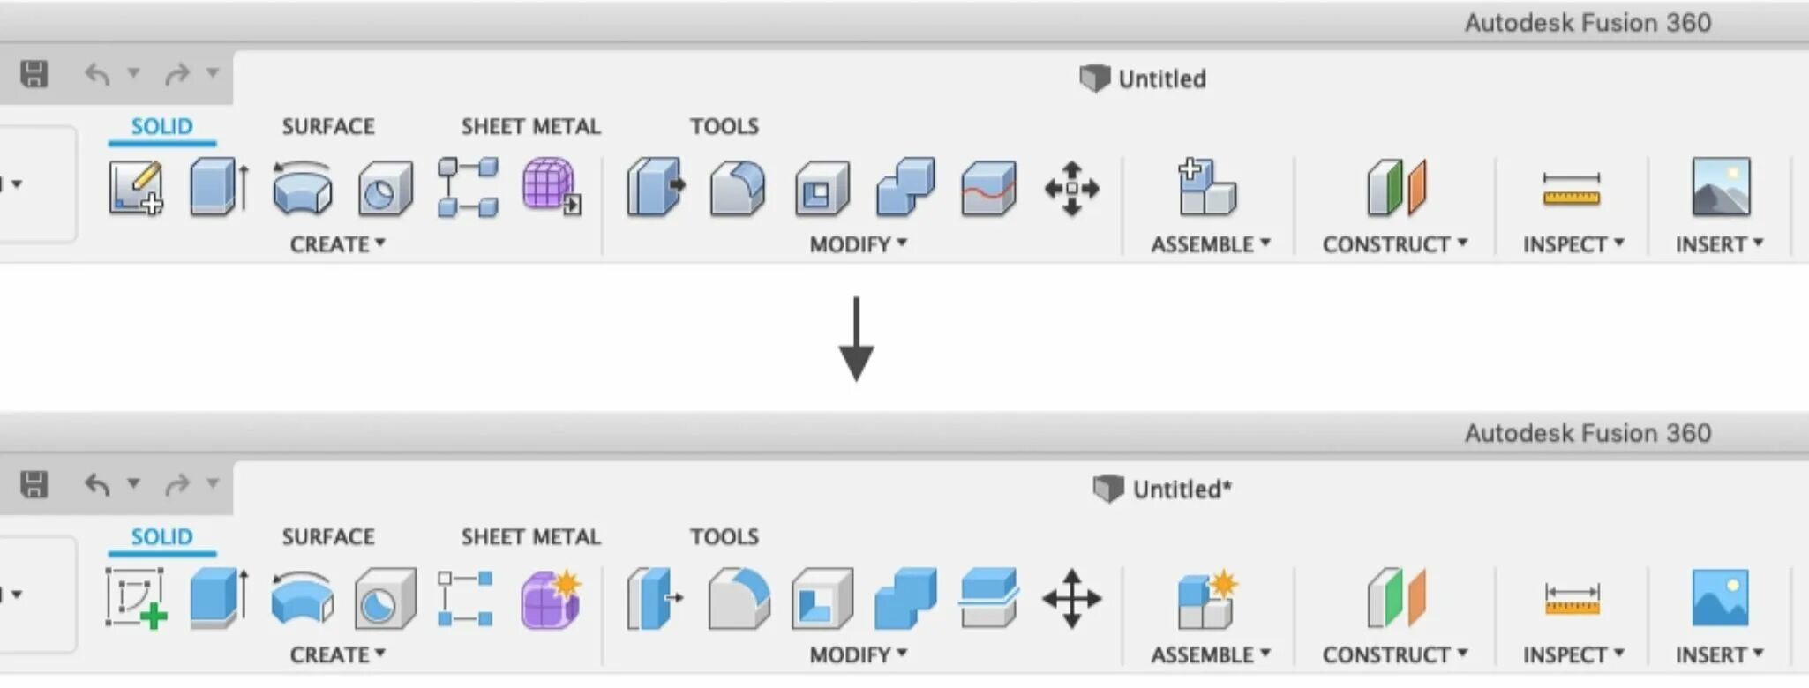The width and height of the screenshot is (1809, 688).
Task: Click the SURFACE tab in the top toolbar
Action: [x=328, y=126]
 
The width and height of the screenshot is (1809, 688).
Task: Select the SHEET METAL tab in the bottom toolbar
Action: [x=530, y=536]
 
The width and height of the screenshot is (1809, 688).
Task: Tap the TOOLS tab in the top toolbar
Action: [x=724, y=126]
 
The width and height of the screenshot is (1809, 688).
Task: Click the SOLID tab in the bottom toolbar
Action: [x=161, y=536]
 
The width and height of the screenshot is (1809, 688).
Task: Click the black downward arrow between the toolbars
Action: [x=856, y=340]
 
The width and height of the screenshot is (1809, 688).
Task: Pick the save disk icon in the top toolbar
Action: [x=34, y=73]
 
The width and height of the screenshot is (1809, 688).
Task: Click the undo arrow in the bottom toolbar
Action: [x=97, y=484]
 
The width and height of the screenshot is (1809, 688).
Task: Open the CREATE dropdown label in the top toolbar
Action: [x=337, y=244]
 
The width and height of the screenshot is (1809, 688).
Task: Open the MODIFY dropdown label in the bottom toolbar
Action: [x=858, y=654]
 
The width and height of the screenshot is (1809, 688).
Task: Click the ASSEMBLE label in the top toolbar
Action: [x=1210, y=244]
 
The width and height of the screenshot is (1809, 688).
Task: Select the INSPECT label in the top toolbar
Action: [x=1573, y=244]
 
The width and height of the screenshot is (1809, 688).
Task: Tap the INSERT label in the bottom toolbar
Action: [x=1719, y=654]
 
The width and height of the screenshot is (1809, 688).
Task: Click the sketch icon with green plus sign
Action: [x=136, y=598]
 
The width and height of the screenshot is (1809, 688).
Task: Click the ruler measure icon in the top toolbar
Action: [x=1571, y=188]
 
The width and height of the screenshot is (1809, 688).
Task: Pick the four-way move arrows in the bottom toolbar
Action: [x=1071, y=598]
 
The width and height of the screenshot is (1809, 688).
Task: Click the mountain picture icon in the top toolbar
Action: [x=1721, y=187]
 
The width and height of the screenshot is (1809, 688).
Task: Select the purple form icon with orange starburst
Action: [x=551, y=598]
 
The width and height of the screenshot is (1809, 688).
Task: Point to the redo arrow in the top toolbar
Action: [x=177, y=74]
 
